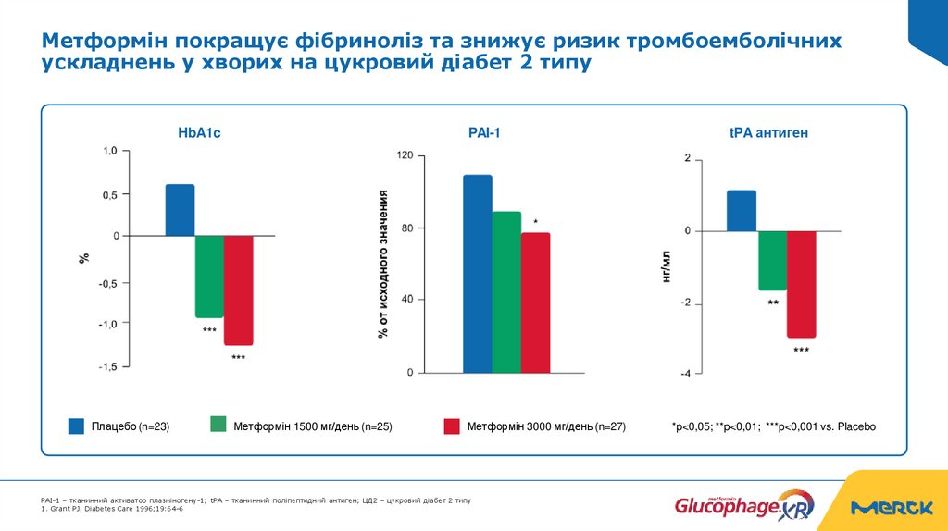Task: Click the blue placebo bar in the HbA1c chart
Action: click(180, 210)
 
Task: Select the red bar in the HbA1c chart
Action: click(238, 290)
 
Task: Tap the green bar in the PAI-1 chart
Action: click(506, 292)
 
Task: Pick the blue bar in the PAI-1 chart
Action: click(478, 274)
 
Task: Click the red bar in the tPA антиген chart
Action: click(801, 284)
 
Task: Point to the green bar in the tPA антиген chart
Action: click(772, 260)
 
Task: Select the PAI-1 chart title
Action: click(483, 133)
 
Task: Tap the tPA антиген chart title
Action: click(768, 133)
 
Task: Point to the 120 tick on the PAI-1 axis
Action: click(405, 155)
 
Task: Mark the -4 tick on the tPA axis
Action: click(685, 374)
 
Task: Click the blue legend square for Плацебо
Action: click(76, 426)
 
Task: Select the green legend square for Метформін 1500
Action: click(218, 425)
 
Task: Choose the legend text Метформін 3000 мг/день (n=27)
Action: click(546, 426)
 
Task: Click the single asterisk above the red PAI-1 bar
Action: click(535, 222)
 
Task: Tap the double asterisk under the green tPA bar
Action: click(773, 303)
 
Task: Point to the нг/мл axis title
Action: click(666, 265)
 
